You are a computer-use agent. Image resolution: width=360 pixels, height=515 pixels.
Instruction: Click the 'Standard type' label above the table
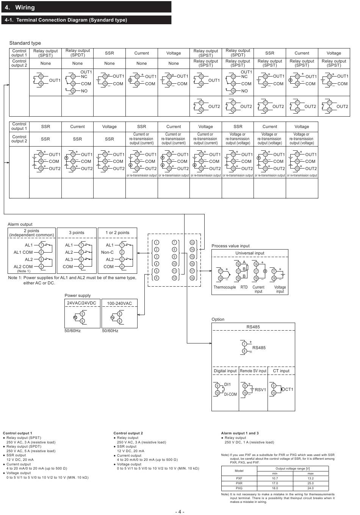tap(25, 43)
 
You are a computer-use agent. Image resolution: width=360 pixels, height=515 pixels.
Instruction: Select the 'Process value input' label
tap(230, 246)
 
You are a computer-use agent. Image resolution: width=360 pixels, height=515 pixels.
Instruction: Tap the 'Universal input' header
tap(250, 253)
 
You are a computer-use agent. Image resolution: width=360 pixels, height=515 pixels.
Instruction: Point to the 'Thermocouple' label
tap(224, 287)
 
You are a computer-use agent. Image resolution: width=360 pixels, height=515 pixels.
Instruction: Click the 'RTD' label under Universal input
tap(244, 287)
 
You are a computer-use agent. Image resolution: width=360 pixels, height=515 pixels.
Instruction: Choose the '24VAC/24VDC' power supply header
tap(81, 303)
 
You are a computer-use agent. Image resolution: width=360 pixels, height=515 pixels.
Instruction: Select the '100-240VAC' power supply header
tap(119, 303)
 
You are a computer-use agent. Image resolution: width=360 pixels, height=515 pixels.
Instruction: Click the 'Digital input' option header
tap(225, 371)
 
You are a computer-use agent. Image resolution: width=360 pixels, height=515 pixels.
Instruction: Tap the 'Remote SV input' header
tap(253, 371)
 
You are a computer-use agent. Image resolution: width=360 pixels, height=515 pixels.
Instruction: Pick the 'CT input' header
tap(281, 371)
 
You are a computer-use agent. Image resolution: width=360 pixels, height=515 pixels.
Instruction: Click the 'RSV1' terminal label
tap(260, 390)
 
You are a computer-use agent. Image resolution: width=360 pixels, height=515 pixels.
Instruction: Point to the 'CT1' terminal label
tap(289, 389)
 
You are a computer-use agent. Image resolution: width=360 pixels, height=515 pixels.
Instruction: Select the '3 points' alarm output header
tap(77, 233)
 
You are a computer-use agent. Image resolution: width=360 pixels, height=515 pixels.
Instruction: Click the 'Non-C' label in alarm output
tap(107, 252)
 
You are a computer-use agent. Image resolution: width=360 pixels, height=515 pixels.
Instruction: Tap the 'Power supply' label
tap(78, 295)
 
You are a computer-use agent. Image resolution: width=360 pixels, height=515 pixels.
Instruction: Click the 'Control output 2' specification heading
tap(128, 433)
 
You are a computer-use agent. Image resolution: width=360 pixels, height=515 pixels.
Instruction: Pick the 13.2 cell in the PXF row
tap(310, 478)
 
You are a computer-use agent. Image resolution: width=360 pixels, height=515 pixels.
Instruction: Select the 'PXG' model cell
tap(239, 488)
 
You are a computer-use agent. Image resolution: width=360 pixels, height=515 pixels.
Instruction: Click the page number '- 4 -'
tap(180, 512)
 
